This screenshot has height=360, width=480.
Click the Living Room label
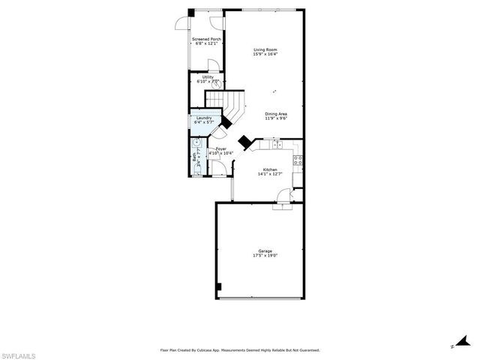coord(265,49)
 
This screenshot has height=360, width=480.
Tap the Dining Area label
coord(276,113)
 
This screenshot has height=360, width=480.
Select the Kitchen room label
coord(269,170)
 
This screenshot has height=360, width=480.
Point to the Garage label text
coord(265,250)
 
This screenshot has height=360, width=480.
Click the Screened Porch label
coord(206,39)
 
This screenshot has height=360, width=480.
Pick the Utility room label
coord(208,76)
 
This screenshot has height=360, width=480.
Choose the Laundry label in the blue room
coord(204,118)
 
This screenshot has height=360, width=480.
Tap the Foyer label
coord(221,149)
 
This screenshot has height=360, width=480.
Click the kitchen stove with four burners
coord(298,158)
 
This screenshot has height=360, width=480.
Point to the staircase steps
coord(225,102)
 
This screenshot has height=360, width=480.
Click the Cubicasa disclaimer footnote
coord(240,349)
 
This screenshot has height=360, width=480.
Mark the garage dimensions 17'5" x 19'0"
coord(265,256)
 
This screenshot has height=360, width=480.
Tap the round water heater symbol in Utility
coord(216,85)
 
